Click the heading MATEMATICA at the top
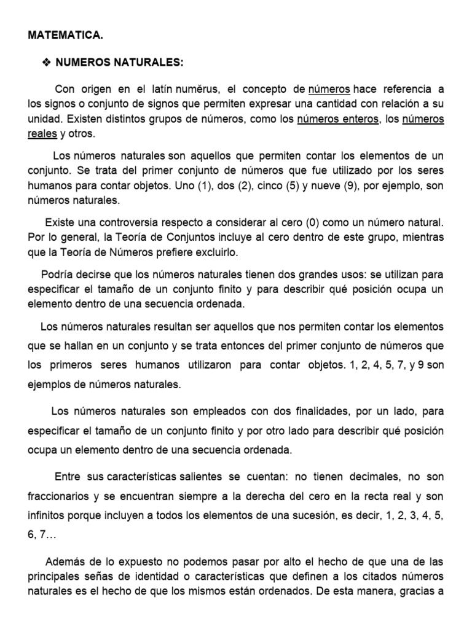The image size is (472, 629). click(66, 36)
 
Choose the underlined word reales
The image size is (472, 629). click(42, 134)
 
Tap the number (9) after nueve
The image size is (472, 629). click(343, 186)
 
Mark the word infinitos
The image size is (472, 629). click(45, 516)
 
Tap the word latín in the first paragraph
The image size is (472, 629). click(157, 90)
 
